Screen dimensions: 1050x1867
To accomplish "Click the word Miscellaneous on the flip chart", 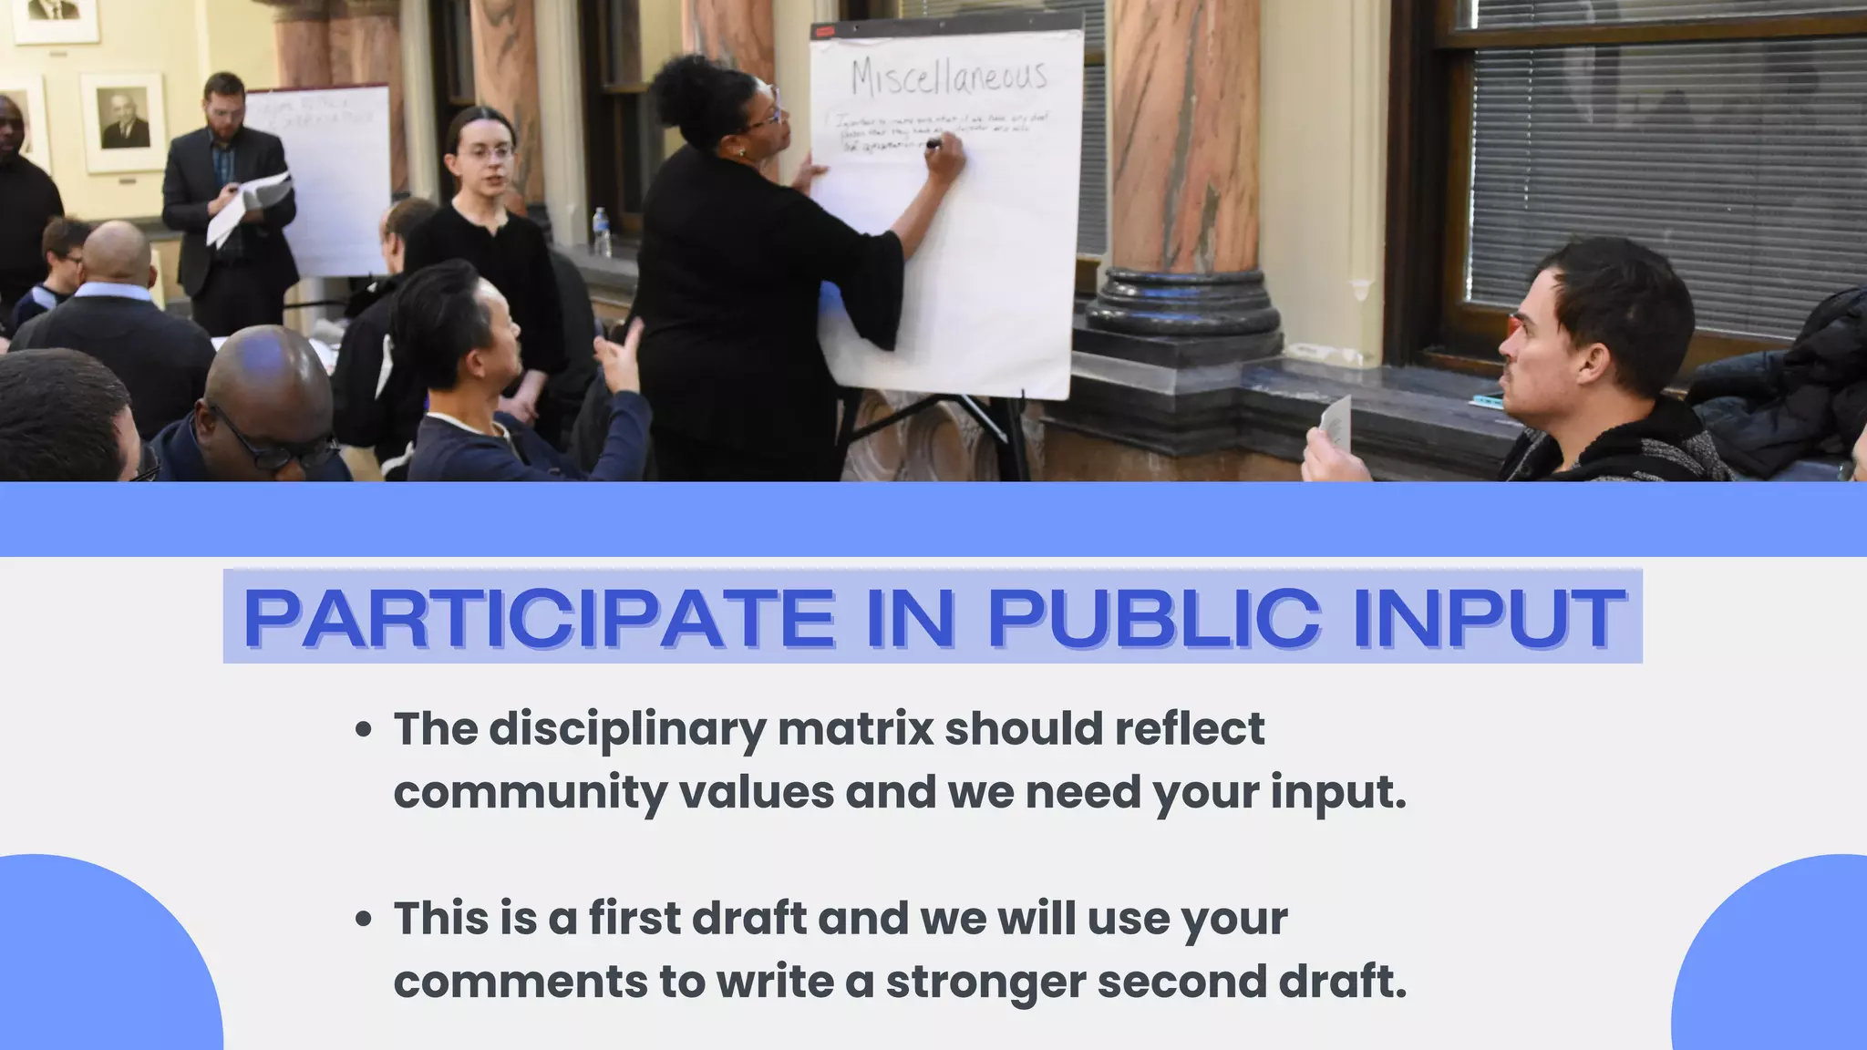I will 948,77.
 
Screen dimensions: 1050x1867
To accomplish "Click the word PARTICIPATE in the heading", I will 539,619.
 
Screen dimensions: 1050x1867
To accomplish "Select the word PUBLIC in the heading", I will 1153,619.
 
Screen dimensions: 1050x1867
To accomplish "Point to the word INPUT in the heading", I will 1490,619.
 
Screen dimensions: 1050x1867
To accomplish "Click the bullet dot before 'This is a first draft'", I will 364,919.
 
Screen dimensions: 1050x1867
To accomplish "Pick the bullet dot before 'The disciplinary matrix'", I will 364,729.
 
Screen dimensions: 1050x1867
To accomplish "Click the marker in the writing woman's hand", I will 932,144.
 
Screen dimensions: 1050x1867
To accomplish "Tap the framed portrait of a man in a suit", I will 124,120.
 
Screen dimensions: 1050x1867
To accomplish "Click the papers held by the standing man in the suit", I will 248,206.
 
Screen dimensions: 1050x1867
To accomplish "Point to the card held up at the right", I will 1336,424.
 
